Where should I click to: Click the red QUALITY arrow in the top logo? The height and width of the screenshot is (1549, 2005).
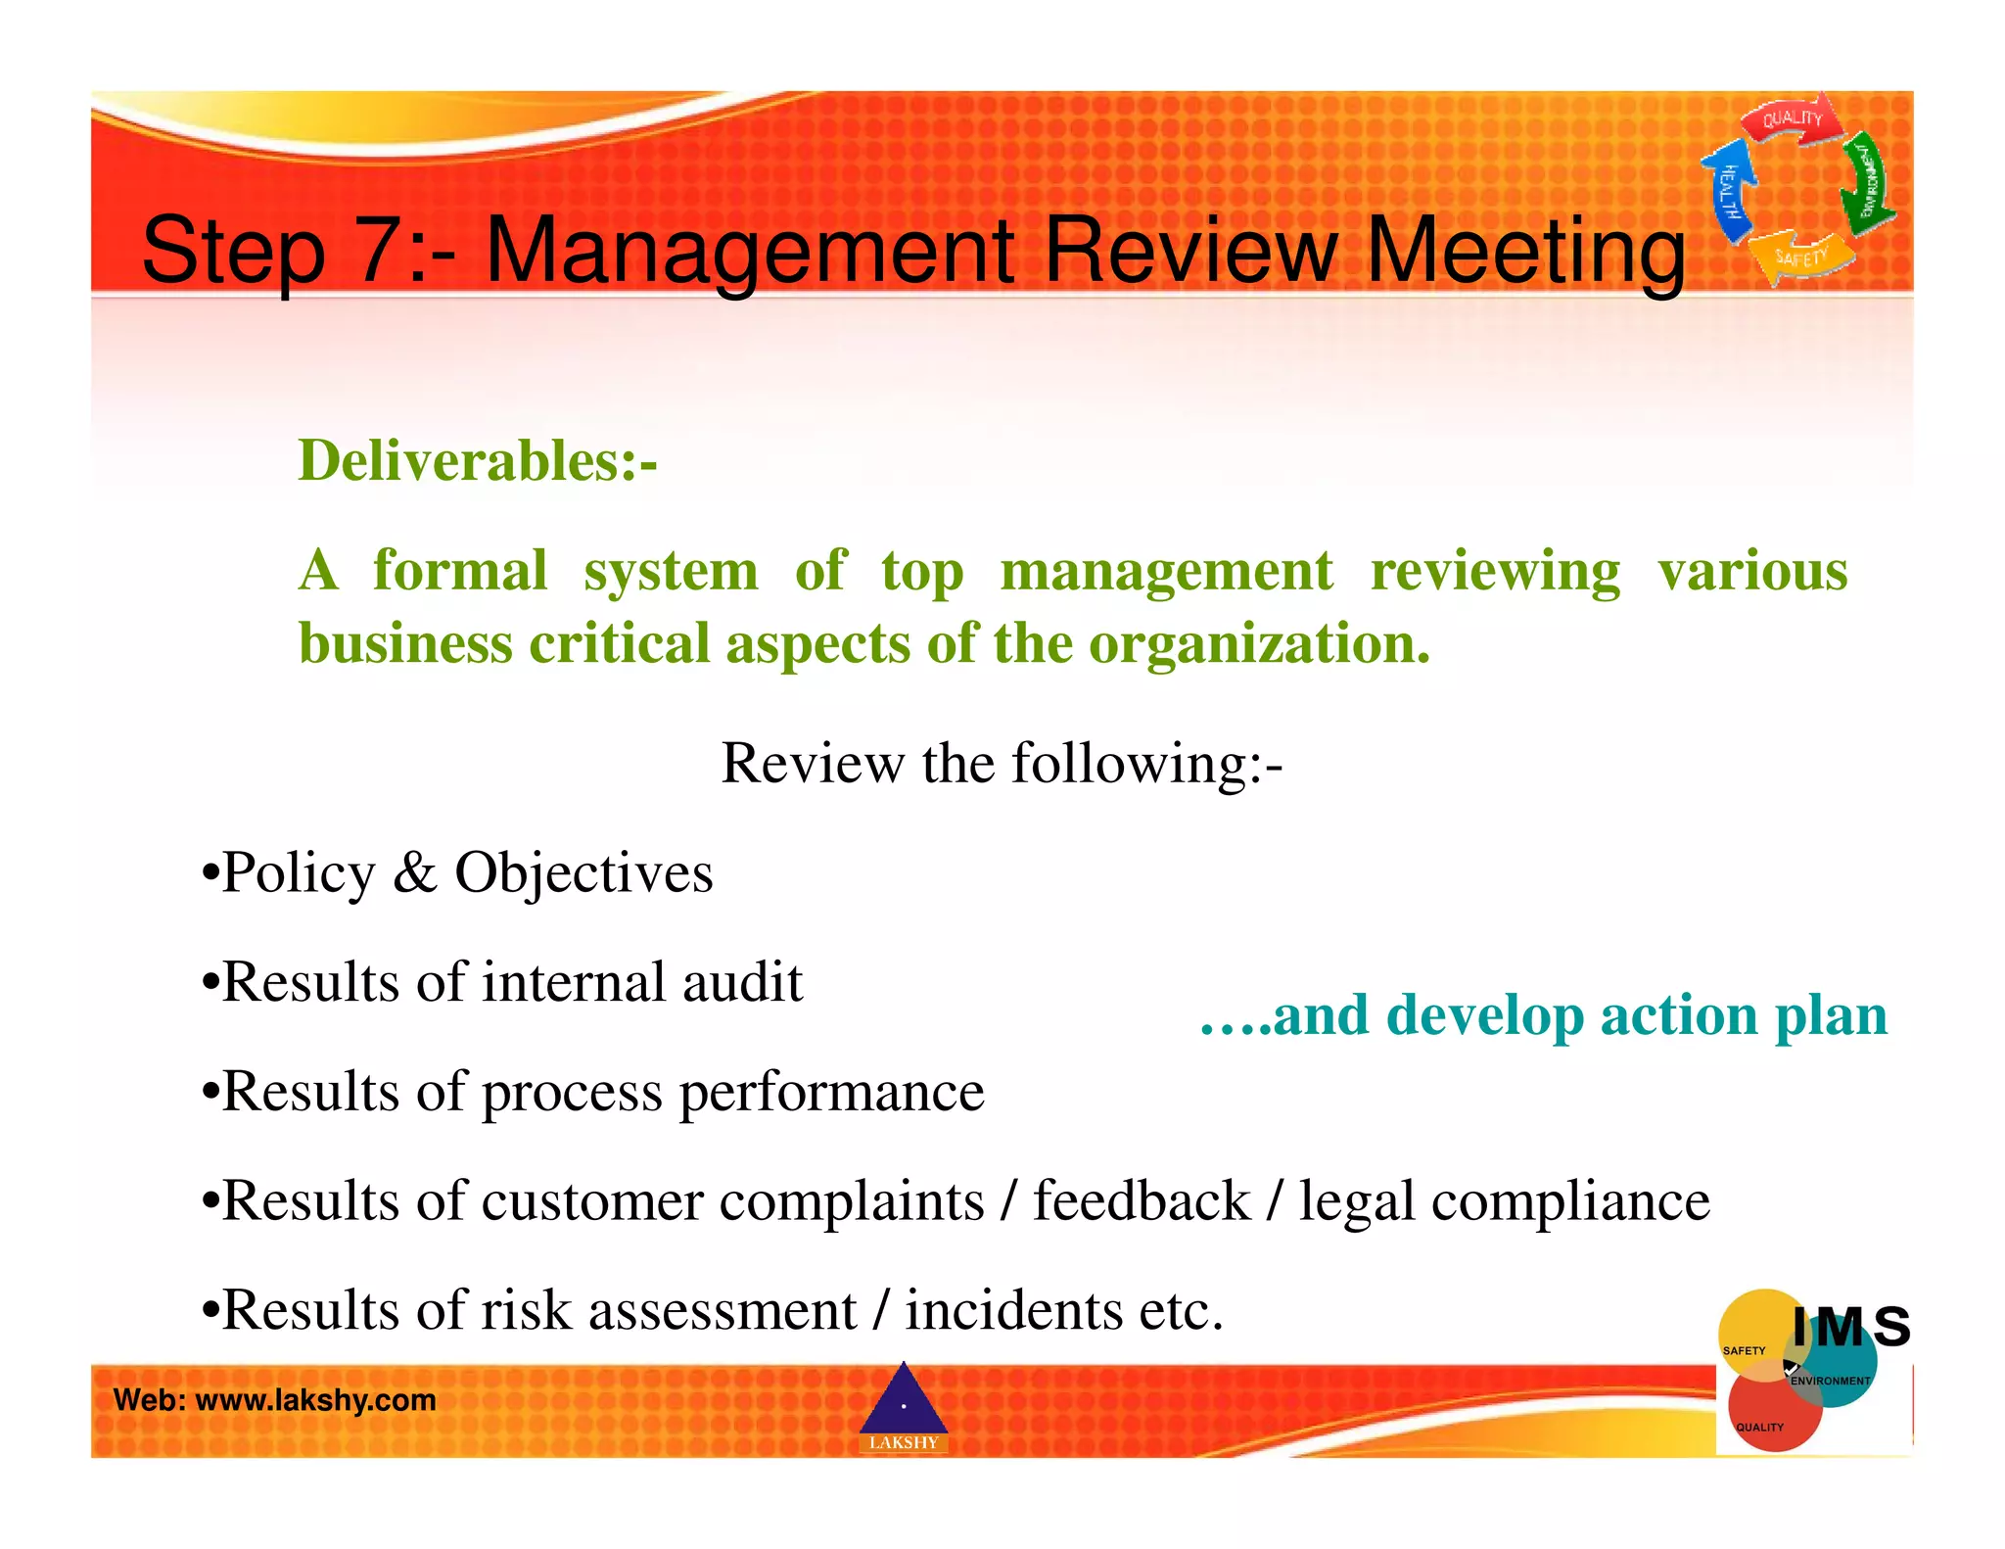[x=1791, y=120]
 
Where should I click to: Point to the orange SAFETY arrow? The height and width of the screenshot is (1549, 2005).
[x=1801, y=257]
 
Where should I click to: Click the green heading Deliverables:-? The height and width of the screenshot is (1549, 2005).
[x=478, y=460]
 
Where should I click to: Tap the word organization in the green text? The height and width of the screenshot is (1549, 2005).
[x=1259, y=644]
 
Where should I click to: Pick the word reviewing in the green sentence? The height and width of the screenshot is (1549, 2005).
[x=1495, y=571]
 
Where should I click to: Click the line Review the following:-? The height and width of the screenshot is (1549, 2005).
[x=1002, y=763]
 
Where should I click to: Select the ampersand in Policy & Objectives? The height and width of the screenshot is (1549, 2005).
[x=414, y=872]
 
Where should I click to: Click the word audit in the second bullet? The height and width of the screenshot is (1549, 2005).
[x=742, y=982]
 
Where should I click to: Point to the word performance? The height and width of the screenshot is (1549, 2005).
[x=831, y=1092]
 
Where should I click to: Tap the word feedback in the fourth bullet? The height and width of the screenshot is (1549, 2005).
[x=1142, y=1201]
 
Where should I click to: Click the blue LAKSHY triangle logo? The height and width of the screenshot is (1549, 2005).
[x=903, y=1406]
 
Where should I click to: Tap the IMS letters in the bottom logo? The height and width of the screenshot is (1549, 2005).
[x=1850, y=1327]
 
